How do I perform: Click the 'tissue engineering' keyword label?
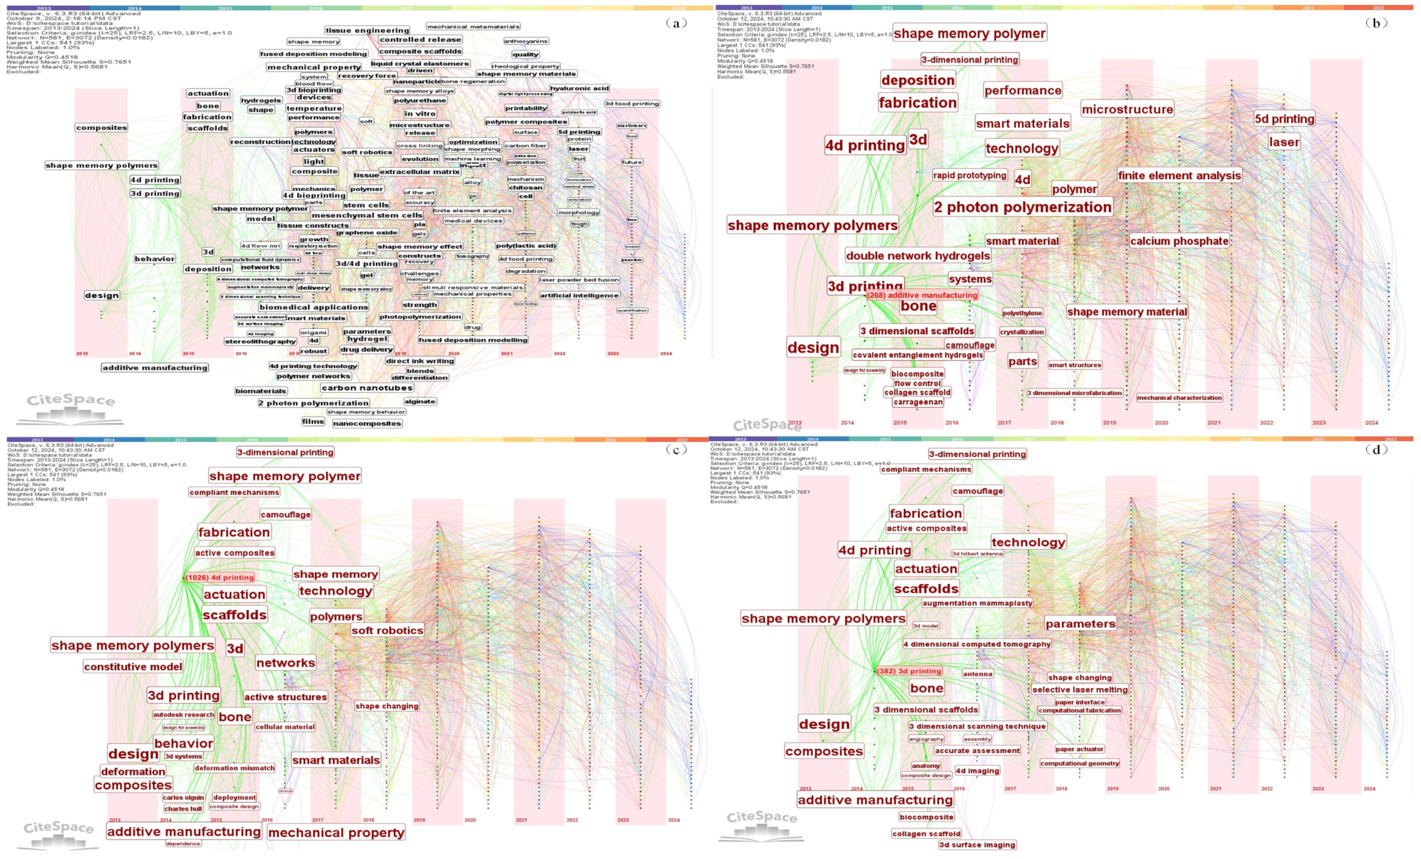click(367, 31)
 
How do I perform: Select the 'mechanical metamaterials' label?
click(473, 26)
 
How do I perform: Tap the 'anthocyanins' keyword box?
click(525, 41)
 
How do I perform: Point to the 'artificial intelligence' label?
click(579, 296)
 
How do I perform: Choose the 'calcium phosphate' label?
click(1179, 241)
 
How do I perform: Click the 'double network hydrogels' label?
click(917, 256)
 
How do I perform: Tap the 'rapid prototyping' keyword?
click(969, 175)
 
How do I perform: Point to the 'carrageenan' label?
click(917, 402)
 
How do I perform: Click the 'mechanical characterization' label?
click(1179, 398)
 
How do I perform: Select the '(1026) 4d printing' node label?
click(220, 577)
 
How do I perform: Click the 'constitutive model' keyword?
click(133, 667)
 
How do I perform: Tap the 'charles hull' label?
click(183, 809)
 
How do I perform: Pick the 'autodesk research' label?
click(183, 715)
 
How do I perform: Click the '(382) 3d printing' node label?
click(909, 671)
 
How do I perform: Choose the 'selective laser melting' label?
click(1079, 689)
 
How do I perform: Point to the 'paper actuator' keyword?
click(1079, 749)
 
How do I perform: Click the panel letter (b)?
click(1376, 23)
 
